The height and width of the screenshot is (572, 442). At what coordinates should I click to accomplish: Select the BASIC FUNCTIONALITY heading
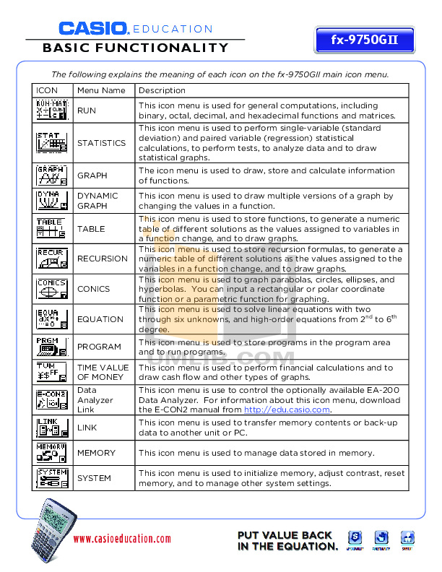tap(136, 48)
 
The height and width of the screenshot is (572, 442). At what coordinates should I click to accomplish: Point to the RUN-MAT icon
tap(52, 110)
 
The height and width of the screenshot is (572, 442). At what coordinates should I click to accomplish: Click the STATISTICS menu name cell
tap(102, 143)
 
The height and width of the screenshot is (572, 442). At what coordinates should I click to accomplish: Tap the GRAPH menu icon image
tap(52, 175)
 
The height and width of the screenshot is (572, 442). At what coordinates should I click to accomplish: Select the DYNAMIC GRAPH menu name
tap(92, 201)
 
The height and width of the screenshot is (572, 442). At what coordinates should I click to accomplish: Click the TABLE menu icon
tap(52, 229)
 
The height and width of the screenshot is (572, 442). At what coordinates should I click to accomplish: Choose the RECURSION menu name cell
tap(103, 259)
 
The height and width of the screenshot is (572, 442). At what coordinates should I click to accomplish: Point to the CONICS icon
tap(52, 289)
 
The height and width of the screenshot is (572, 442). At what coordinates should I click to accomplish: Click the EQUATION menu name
tap(100, 319)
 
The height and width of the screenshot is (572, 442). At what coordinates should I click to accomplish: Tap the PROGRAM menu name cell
tap(100, 347)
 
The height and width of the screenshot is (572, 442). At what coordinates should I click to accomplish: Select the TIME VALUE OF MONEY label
tap(103, 372)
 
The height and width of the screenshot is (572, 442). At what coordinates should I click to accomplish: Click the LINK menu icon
tap(52, 428)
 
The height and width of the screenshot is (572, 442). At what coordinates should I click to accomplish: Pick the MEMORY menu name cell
tap(97, 453)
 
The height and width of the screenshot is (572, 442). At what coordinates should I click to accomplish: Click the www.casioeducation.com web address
tap(122, 539)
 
